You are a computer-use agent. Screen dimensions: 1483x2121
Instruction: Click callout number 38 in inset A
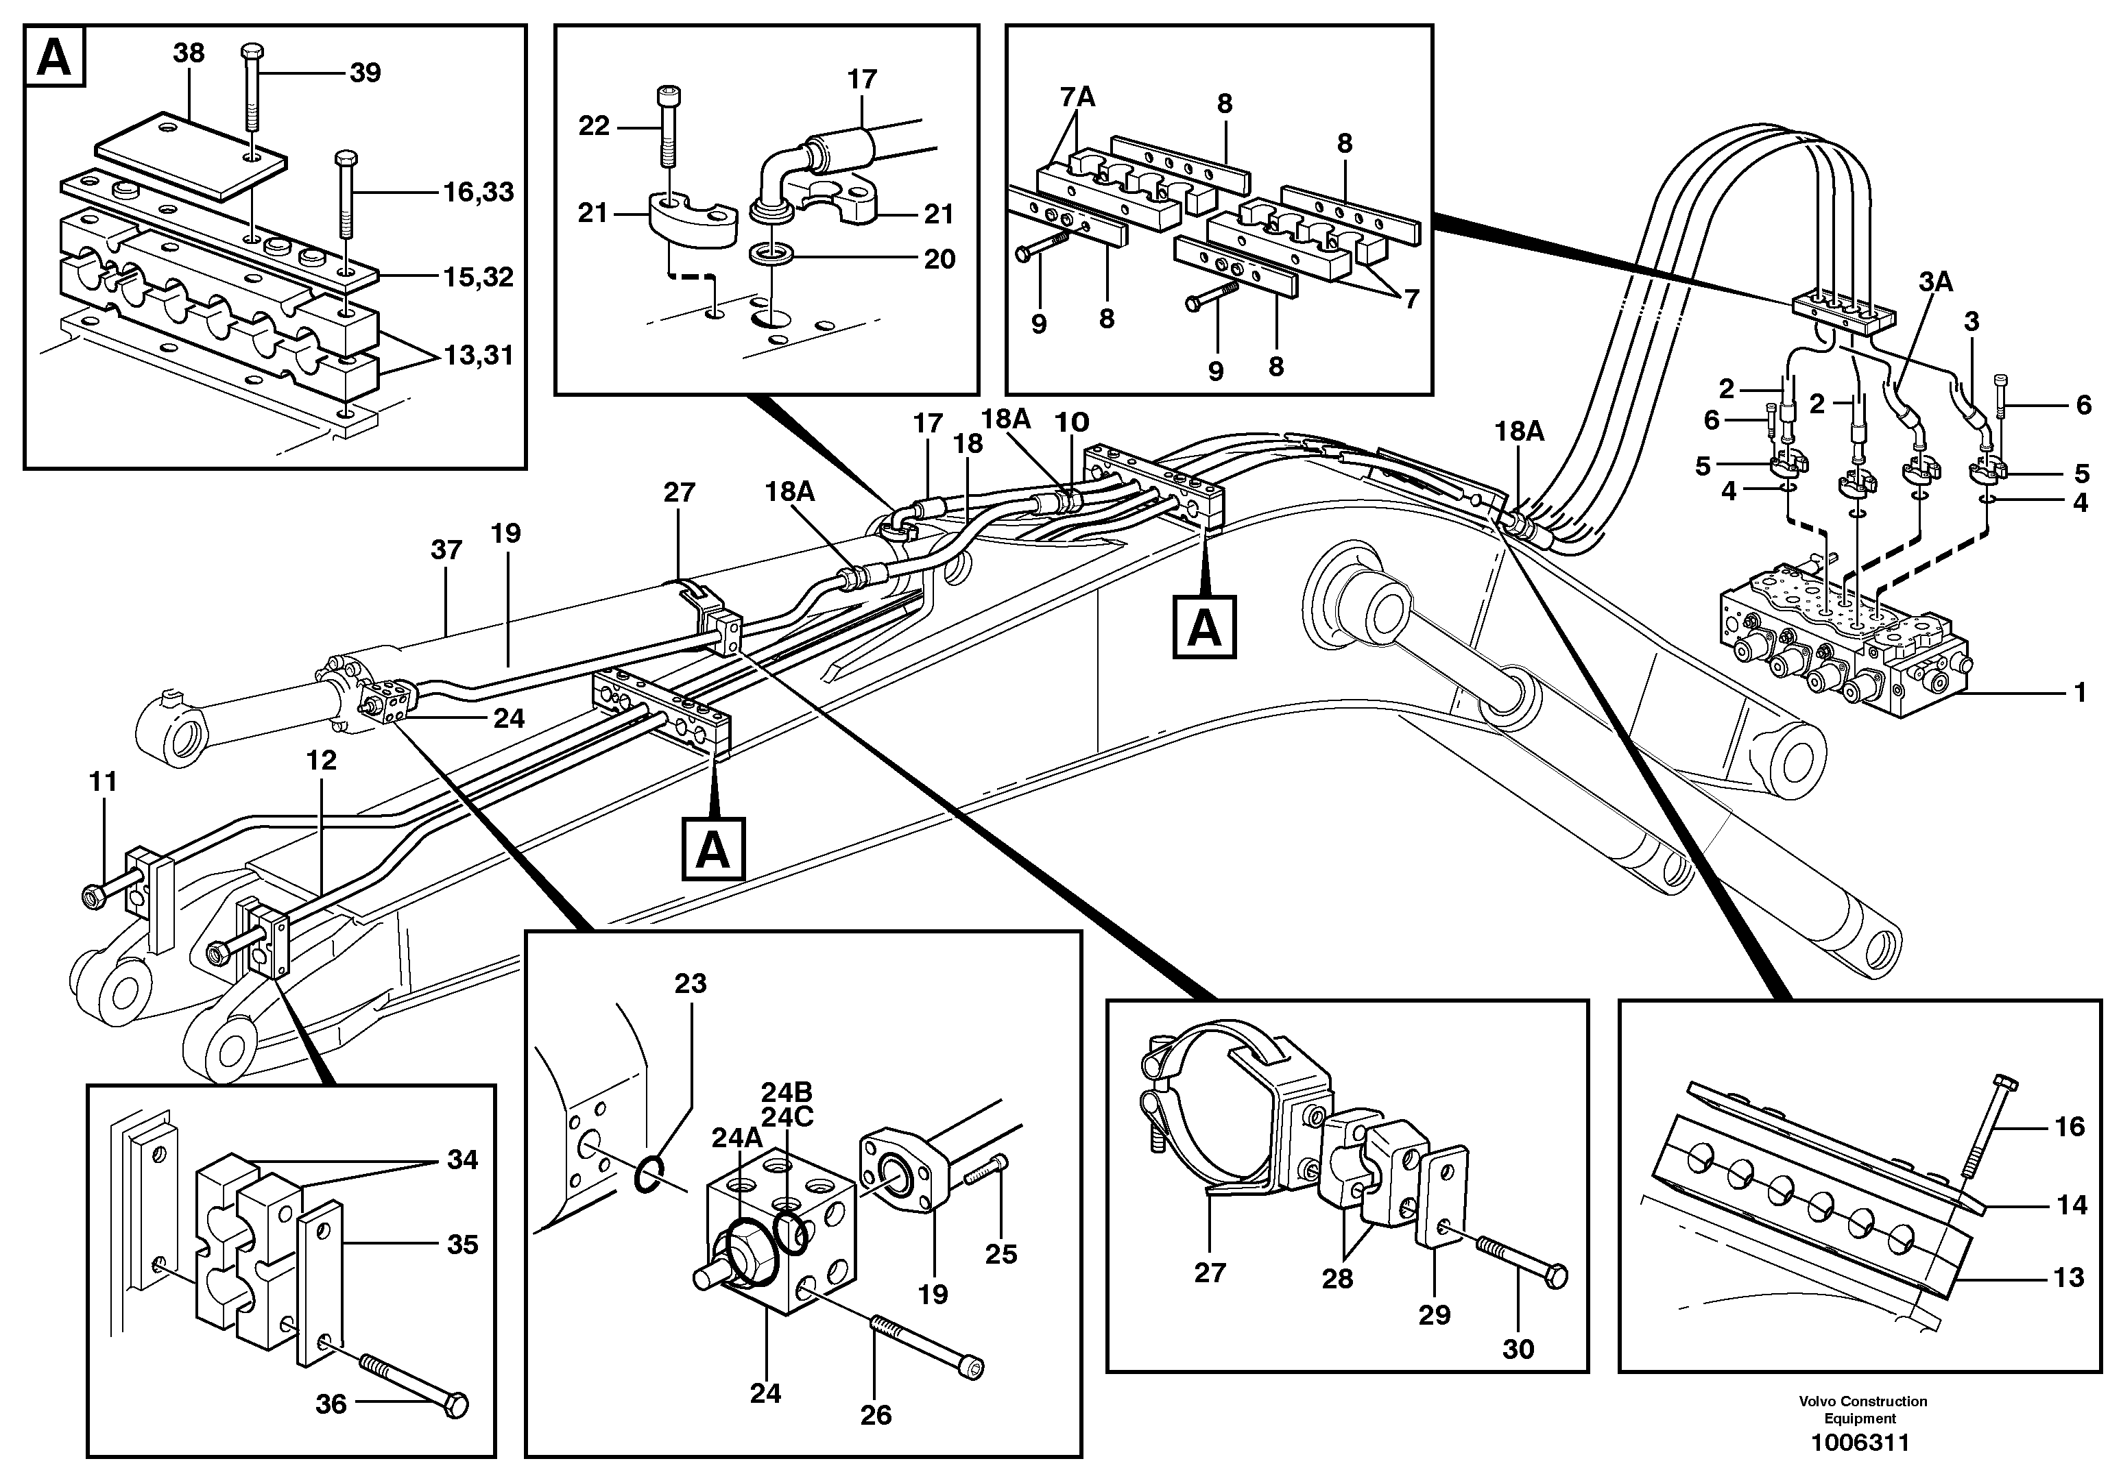click(x=189, y=53)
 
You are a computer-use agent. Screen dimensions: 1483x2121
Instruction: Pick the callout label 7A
click(x=1077, y=96)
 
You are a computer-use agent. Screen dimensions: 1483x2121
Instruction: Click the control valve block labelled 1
click(x=1838, y=656)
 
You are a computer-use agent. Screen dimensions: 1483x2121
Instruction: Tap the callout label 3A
click(x=1934, y=282)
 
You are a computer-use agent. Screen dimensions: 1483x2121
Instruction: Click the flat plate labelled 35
click(x=319, y=1284)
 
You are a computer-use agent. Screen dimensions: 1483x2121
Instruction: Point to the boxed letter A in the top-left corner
click(x=54, y=58)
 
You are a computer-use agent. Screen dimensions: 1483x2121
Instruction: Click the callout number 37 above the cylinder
click(x=446, y=550)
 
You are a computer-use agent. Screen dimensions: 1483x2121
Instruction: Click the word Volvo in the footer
click(x=1817, y=1401)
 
